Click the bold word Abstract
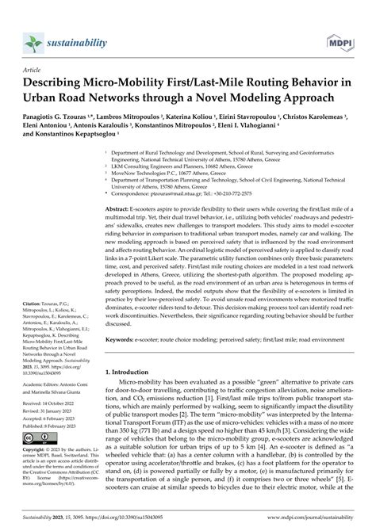tap(121, 208)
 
